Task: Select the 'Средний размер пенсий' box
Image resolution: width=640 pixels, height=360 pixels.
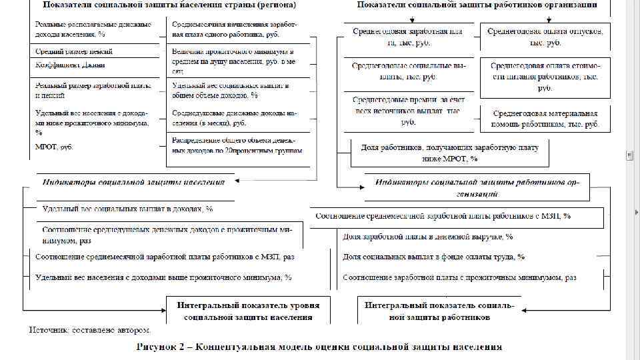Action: [74, 51]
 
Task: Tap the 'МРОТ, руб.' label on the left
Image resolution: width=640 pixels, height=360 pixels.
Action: [54, 146]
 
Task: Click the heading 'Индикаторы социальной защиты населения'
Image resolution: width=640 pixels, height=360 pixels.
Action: [133, 181]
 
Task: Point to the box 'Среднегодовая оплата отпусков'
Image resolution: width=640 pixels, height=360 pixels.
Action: [545, 37]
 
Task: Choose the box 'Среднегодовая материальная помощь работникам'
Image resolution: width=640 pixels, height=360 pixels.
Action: [545, 119]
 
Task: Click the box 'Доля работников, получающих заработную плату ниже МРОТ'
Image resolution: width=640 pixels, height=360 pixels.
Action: [450, 153]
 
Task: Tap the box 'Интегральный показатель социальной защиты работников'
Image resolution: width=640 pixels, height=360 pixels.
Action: [439, 311]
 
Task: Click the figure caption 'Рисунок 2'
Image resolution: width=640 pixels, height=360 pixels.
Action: [319, 347]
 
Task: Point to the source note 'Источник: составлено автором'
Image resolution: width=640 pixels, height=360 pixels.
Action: [89, 330]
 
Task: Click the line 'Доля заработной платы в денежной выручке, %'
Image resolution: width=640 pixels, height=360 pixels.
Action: [427, 237]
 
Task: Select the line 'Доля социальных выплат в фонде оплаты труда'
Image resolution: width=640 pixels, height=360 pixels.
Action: [433, 257]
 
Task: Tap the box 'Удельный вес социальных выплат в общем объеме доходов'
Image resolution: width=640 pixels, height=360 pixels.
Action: [230, 90]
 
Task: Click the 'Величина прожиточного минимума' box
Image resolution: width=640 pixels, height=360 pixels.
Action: [233, 60]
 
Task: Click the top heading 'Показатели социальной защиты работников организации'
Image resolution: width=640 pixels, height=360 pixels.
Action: [477, 5]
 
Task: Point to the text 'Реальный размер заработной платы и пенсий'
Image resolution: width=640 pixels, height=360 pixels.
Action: [93, 90]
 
